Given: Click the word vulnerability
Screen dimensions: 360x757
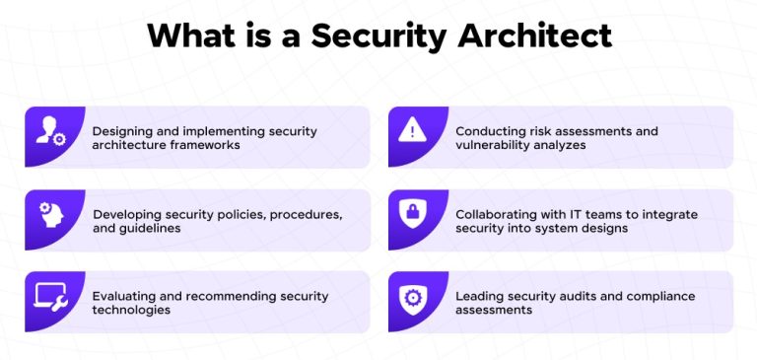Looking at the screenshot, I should [491, 145].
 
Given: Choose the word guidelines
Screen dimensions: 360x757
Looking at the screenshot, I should [158, 229].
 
